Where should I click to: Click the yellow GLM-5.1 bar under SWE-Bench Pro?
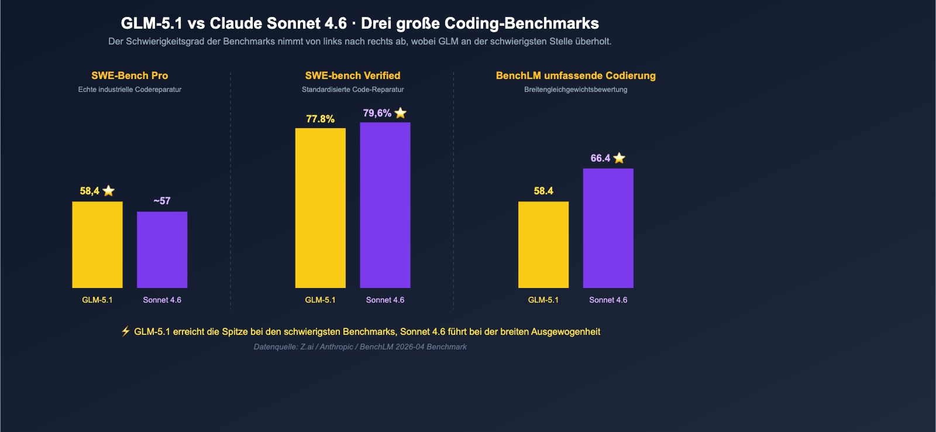coord(97,245)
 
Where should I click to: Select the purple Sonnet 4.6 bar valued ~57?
coord(162,250)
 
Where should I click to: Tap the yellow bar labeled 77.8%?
coord(320,208)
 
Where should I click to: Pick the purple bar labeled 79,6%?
coord(385,205)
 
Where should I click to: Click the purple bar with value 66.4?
coord(608,228)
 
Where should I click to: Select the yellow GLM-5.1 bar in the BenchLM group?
coord(543,245)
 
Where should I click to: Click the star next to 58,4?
coord(108,191)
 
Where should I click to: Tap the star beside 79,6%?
coord(400,113)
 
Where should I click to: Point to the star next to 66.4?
coord(619,158)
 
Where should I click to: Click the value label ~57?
coord(162,201)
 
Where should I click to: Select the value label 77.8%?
coord(320,119)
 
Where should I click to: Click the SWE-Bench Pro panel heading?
coord(129,76)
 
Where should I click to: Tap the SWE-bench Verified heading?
coord(352,76)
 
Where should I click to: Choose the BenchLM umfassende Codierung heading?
coord(576,76)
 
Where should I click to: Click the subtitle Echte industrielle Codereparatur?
coord(129,90)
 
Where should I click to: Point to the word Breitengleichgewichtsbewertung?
coord(576,90)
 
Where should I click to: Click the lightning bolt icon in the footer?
coord(125,331)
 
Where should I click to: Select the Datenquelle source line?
coord(360,347)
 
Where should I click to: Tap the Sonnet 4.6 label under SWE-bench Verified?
coord(385,300)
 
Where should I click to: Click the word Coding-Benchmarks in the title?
coord(522,23)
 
